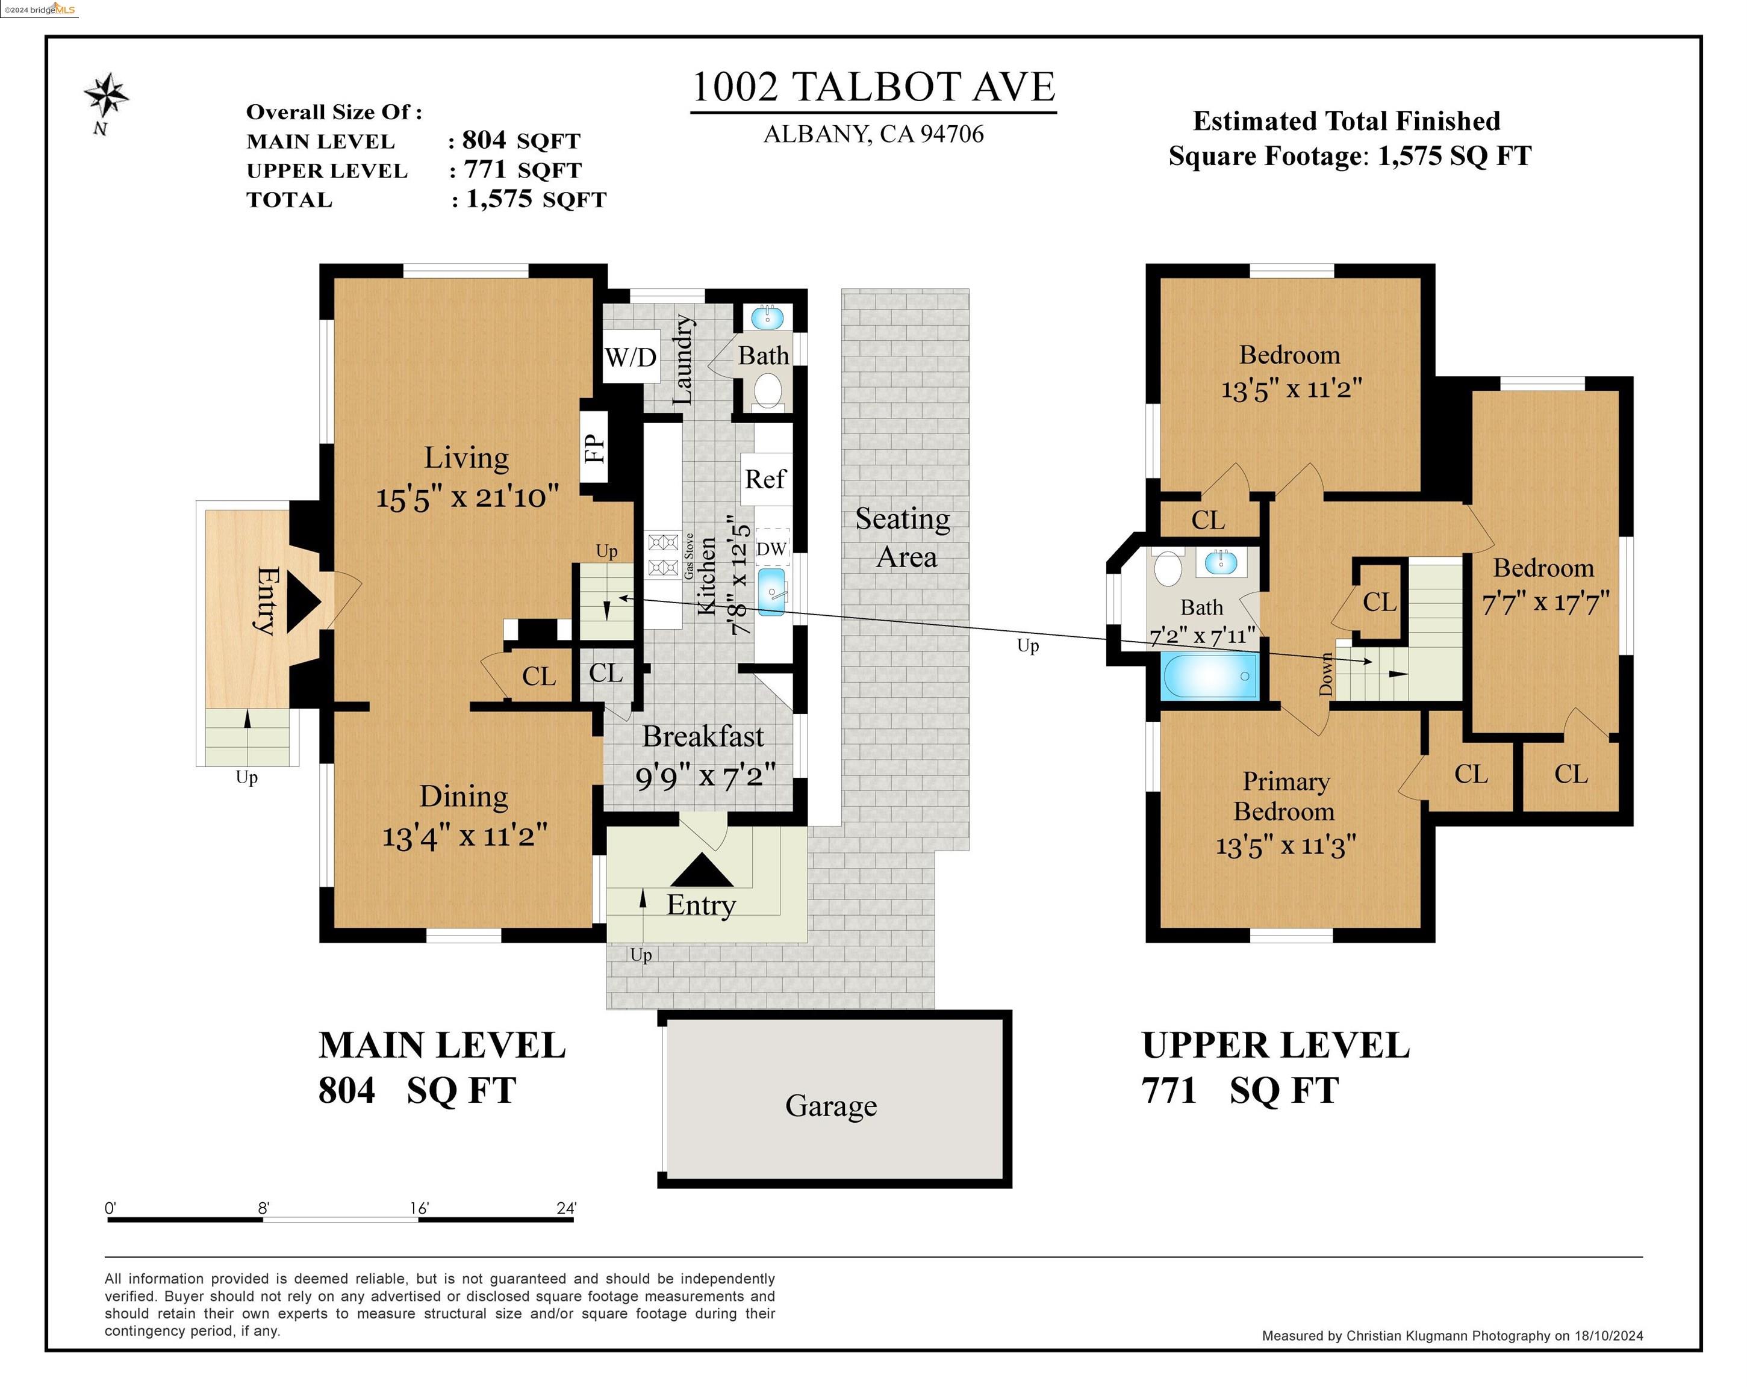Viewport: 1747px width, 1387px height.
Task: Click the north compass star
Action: (x=105, y=96)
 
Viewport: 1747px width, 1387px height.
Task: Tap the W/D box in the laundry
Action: (x=631, y=357)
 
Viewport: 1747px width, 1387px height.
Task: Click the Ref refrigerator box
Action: (x=765, y=479)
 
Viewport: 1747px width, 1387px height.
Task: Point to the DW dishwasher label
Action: (x=771, y=548)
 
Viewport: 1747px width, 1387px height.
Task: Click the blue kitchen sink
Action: (x=771, y=591)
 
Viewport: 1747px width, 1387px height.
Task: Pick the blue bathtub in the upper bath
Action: (x=1210, y=675)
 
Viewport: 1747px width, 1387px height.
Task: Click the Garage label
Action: (x=830, y=1105)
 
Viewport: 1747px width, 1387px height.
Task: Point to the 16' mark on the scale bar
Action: (x=419, y=1208)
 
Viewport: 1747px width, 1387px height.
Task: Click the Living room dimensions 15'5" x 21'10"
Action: (x=467, y=496)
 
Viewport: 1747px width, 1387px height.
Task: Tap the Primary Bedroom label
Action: (x=1285, y=796)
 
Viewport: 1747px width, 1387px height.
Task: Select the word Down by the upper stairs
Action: (x=1325, y=674)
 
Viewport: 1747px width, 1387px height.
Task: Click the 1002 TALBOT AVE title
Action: (x=873, y=87)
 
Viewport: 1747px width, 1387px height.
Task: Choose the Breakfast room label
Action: (x=703, y=736)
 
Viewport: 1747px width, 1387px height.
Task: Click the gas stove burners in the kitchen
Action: (x=663, y=554)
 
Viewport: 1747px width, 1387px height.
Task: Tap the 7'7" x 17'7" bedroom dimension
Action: (x=1545, y=603)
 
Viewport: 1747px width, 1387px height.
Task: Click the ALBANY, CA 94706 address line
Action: (x=873, y=134)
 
